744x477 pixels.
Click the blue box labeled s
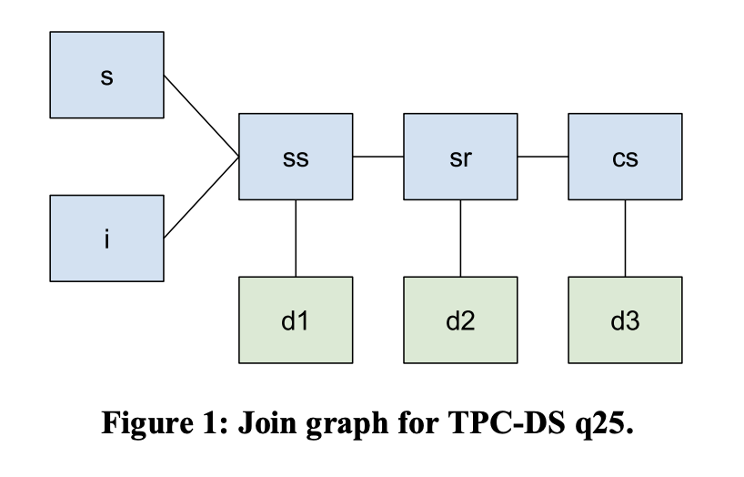point(107,75)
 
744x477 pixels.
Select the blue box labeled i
point(107,238)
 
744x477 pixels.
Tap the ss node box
point(296,157)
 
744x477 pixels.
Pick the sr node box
point(460,157)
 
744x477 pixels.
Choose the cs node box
point(625,157)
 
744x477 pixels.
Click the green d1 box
point(296,320)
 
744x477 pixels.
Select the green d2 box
point(460,320)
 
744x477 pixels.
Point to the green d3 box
point(625,320)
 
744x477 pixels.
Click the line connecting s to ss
point(201,116)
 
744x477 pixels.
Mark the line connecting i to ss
point(201,198)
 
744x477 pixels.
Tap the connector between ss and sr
point(378,157)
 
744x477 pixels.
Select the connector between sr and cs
point(543,157)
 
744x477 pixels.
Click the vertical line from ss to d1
point(296,238)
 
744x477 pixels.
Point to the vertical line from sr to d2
point(460,238)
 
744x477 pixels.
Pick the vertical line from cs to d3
point(625,238)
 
